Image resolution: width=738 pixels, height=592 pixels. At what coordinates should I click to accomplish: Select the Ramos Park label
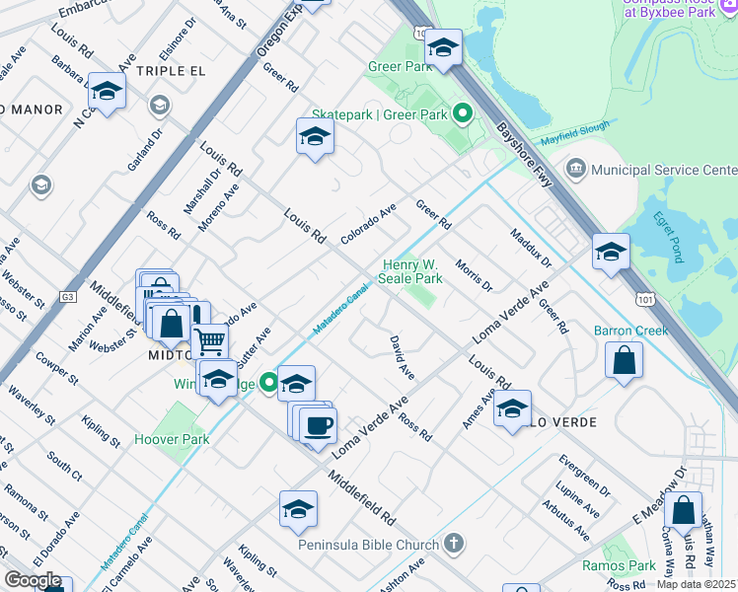click(619, 565)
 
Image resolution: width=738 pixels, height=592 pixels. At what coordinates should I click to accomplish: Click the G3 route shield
click(67, 295)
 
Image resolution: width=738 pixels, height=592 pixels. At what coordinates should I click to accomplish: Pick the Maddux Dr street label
click(531, 249)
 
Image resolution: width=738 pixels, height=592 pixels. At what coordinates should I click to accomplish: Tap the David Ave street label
click(401, 357)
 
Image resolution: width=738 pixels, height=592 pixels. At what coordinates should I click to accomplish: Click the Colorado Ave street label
click(368, 224)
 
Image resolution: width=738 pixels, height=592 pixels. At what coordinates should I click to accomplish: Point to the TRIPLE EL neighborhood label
click(171, 71)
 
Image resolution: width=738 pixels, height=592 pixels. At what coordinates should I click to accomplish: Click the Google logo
click(33, 580)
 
